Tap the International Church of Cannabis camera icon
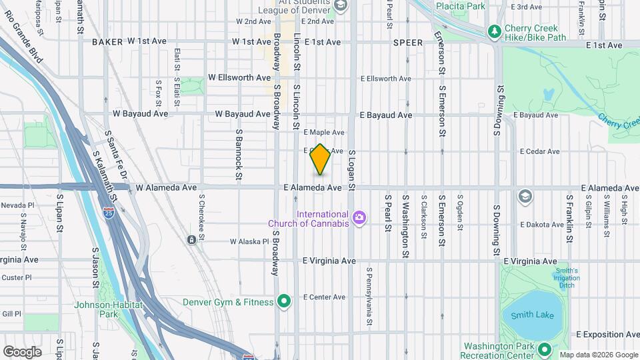click(360, 217)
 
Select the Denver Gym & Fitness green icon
click(285, 302)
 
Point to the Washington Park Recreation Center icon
click(544, 349)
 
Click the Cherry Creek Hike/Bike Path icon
click(494, 31)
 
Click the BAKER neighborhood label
click(107, 42)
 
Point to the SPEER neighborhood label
click(408, 42)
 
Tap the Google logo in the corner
click(22, 351)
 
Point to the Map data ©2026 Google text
click(599, 355)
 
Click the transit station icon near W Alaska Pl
click(192, 239)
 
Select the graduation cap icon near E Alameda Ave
click(525, 195)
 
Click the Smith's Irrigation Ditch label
click(565, 278)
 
